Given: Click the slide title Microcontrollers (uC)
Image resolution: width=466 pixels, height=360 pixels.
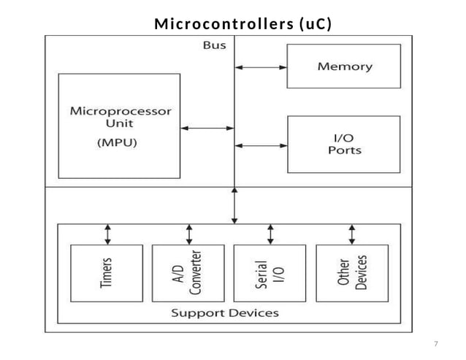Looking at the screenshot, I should pos(242,24).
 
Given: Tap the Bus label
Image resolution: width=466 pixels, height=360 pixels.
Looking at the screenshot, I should pos(214,45).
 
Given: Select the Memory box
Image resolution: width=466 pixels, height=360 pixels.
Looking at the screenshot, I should pos(344,66).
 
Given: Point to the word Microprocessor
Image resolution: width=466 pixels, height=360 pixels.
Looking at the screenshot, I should pos(120,112).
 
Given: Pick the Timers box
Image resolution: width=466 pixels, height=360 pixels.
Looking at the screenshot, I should pos(107,274).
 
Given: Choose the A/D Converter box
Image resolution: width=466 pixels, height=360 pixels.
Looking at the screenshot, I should pos(188,274).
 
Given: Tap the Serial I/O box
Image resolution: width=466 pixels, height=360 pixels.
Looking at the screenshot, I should pos(270,274).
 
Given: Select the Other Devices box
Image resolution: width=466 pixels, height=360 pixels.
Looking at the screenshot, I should pos(352,274).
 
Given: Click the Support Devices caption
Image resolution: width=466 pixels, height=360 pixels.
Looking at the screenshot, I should pos(225,313).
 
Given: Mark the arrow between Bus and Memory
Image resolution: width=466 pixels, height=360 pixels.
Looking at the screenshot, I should pos(261,67).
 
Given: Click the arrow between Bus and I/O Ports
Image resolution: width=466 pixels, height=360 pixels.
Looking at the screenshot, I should pos(261,145).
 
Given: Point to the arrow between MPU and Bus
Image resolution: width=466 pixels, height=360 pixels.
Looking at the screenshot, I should pos(207,129).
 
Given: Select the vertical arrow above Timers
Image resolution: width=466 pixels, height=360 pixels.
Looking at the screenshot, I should pos(108,234).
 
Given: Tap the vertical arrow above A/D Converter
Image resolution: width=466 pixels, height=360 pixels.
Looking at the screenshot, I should pos(189,234).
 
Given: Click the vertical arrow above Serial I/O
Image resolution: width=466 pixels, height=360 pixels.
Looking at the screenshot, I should pos(270,234).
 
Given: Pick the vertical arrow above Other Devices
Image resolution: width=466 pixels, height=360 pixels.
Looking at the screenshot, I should pos(352,234).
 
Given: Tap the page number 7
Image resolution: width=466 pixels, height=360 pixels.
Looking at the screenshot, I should pos(435,343).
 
